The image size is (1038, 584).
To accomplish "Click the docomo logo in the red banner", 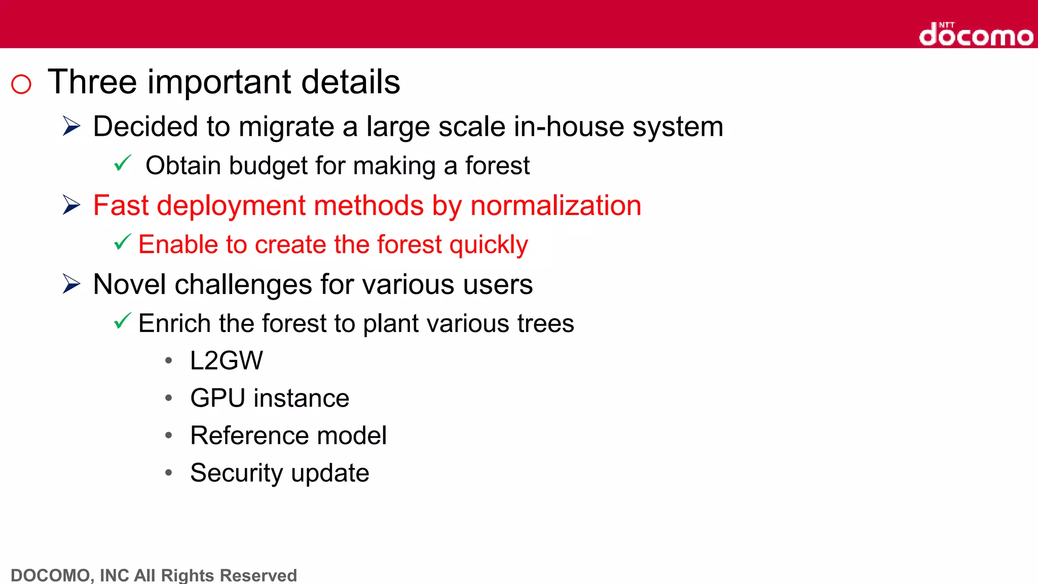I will pos(976,35).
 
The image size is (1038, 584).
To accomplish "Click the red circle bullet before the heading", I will pos(21,84).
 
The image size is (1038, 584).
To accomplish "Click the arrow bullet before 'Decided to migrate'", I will pos(71,126).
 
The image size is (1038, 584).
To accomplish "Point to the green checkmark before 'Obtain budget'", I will pos(122,163).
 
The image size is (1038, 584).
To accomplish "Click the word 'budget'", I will pos(268,166).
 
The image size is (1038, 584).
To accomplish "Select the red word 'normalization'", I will pos(555,206).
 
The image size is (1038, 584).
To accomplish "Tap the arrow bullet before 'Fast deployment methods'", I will pos(71,205).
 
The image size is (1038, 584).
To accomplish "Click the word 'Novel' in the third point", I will pos(129,284).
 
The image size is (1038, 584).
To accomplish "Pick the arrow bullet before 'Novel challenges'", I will pos(71,284).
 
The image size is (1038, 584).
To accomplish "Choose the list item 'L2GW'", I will pos(226,361).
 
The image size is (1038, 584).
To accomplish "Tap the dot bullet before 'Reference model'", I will pos(169,435).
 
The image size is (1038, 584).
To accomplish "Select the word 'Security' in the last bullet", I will pos(236,473).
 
